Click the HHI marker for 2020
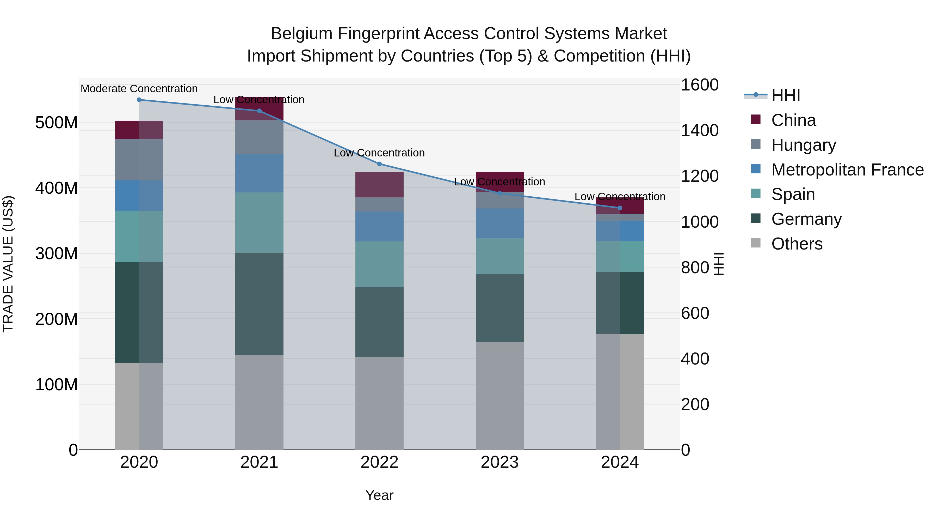[x=139, y=100]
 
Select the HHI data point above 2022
[x=379, y=164]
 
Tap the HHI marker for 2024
[x=620, y=208]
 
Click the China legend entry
[x=793, y=120]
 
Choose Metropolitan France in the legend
[x=847, y=170]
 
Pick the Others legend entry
[x=797, y=244]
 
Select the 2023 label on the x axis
[x=499, y=462]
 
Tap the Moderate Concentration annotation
[x=139, y=89]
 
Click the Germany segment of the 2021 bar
[x=259, y=304]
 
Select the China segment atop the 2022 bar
[x=379, y=185]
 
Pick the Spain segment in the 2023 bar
[x=499, y=256]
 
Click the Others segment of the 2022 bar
[x=379, y=403]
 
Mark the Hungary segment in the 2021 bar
[x=259, y=137]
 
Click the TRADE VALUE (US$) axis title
[x=8, y=264]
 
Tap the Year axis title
[x=379, y=495]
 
